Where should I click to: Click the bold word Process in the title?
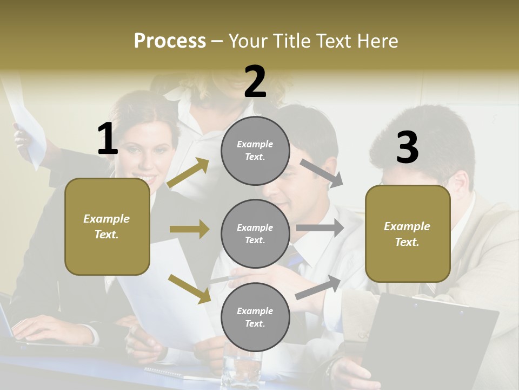tap(170, 41)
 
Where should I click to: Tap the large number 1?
tap(108, 139)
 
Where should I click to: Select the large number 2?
tap(255, 82)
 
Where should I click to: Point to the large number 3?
tap(407, 147)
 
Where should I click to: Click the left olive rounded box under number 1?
tap(107, 226)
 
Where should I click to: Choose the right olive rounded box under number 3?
tap(408, 233)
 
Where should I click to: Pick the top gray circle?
tap(255, 151)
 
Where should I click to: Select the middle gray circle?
tap(255, 233)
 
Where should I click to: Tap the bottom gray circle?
tap(255, 317)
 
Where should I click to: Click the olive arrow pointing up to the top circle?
tap(188, 173)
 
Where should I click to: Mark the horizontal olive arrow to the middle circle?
tap(189, 229)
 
